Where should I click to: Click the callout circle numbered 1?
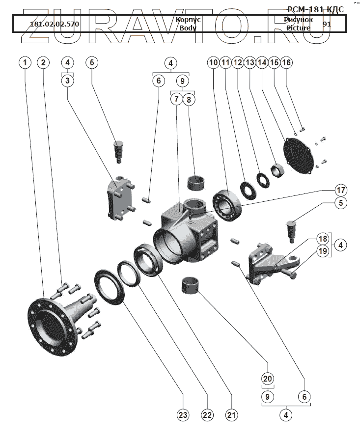25,62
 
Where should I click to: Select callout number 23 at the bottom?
183,415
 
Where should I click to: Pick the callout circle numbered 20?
268,379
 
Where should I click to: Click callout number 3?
68,80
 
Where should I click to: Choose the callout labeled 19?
322,251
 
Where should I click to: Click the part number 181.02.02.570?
55,24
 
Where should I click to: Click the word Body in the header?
188,28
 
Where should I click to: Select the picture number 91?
327,24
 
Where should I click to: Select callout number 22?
207,415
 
